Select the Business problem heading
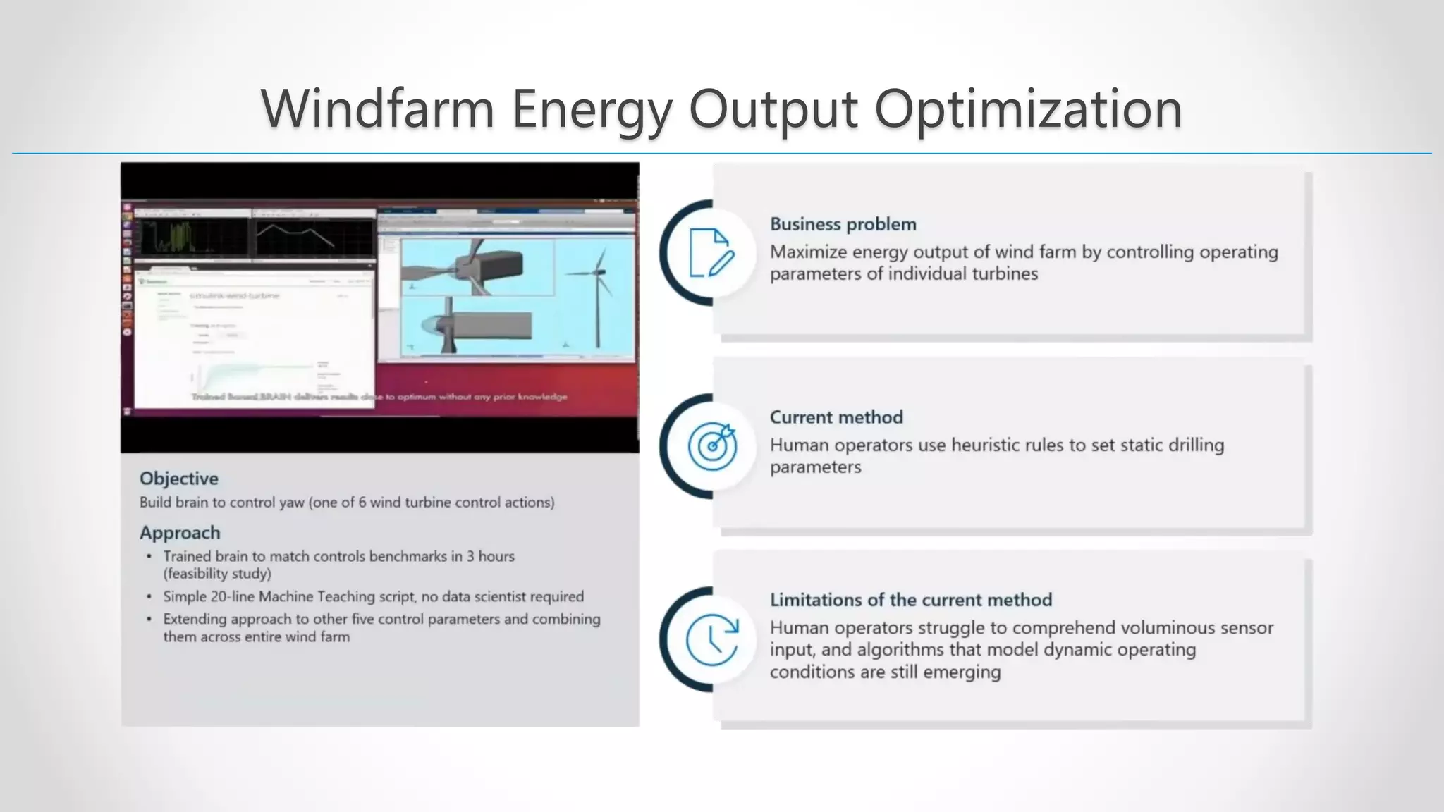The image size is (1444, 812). click(x=843, y=224)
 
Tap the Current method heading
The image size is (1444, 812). click(x=836, y=417)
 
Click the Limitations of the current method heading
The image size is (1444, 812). click(x=910, y=600)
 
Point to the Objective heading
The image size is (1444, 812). click(x=178, y=479)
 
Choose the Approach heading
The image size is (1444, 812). click(x=179, y=533)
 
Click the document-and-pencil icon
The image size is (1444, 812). click(x=711, y=252)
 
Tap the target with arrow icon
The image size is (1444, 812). click(x=712, y=445)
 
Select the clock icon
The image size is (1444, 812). click(x=711, y=639)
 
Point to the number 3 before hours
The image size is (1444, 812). click(x=470, y=556)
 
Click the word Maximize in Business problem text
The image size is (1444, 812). click(x=805, y=252)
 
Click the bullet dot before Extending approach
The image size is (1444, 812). click(x=149, y=619)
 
